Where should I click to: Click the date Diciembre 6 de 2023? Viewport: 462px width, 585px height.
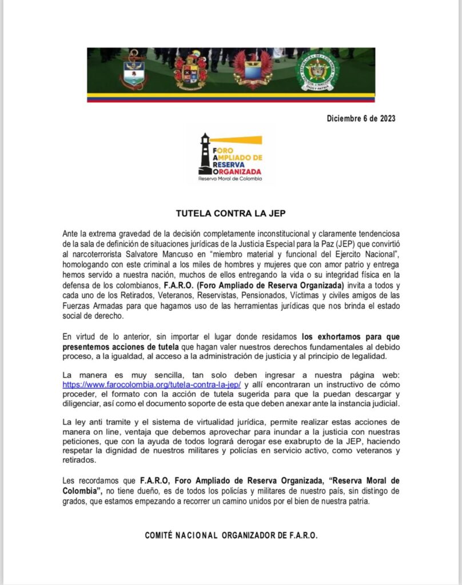(x=361, y=119)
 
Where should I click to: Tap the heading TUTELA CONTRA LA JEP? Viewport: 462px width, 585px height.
(x=230, y=214)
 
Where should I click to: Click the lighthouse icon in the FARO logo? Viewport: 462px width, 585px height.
(x=205, y=153)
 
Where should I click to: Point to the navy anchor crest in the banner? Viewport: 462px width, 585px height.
(x=136, y=71)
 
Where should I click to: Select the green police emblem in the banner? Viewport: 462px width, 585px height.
(x=317, y=72)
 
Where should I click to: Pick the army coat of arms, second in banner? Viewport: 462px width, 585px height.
(x=191, y=71)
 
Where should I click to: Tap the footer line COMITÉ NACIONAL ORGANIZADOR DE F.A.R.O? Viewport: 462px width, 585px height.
(x=230, y=536)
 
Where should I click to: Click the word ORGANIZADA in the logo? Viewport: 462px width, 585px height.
(x=237, y=171)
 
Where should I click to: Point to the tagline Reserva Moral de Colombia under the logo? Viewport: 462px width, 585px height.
(x=230, y=179)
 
